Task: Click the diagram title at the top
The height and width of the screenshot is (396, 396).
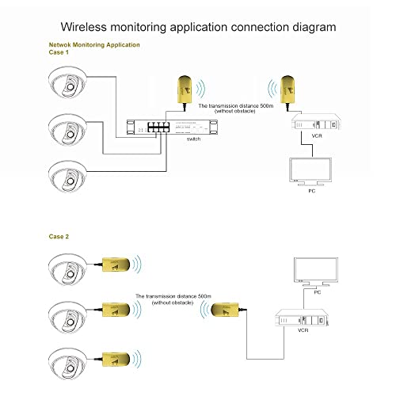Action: pyautogui.click(x=198, y=27)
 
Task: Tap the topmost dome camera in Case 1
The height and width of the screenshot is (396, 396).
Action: pyautogui.click(x=71, y=84)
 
